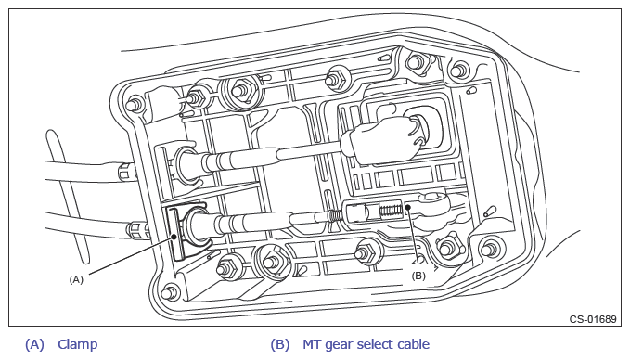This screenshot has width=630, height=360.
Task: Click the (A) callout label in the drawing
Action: tap(76, 279)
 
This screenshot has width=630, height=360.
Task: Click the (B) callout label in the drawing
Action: tap(418, 276)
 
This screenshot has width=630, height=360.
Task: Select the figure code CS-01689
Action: tap(593, 319)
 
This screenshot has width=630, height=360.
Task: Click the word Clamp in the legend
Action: tap(78, 344)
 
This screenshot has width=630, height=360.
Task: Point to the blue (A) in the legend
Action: tap(34, 344)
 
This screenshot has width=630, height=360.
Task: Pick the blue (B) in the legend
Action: tap(279, 344)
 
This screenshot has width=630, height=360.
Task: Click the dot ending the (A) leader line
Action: tap(174, 237)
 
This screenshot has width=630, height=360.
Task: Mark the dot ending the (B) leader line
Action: tap(408, 207)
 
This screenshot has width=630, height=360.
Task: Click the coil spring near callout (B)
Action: tap(391, 211)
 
